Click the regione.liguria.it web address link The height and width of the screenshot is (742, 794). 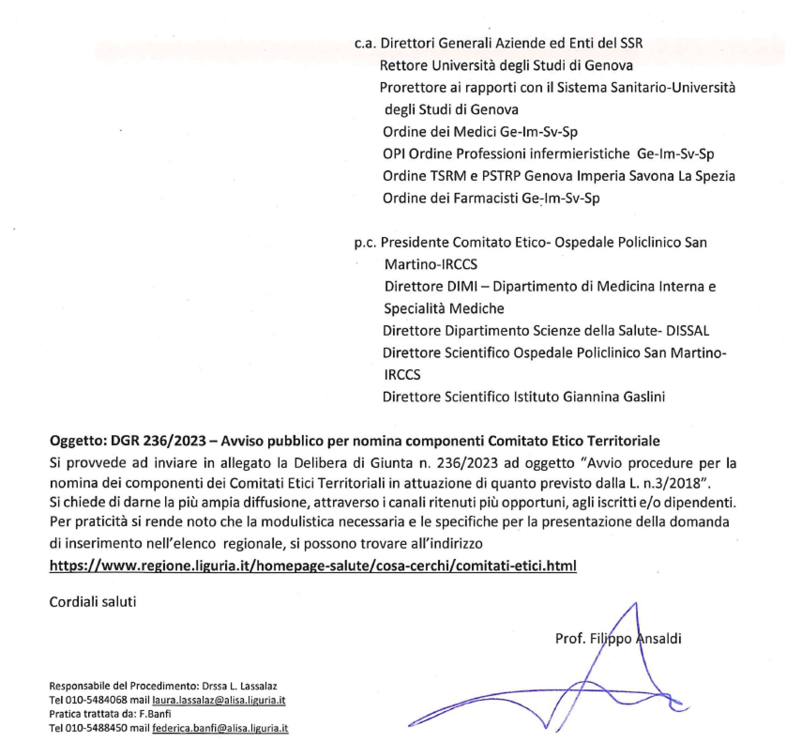click(x=313, y=566)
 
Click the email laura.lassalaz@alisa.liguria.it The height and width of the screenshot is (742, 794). click(x=219, y=700)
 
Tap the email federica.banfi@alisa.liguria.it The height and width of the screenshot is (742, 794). click(x=219, y=728)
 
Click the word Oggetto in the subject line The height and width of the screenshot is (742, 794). click(x=78, y=441)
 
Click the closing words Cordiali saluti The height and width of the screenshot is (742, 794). click(x=92, y=602)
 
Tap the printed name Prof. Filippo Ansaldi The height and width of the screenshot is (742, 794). click(x=618, y=638)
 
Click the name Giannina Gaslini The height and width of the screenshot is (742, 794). click(x=614, y=397)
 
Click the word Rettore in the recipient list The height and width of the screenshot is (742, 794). click(x=403, y=65)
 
